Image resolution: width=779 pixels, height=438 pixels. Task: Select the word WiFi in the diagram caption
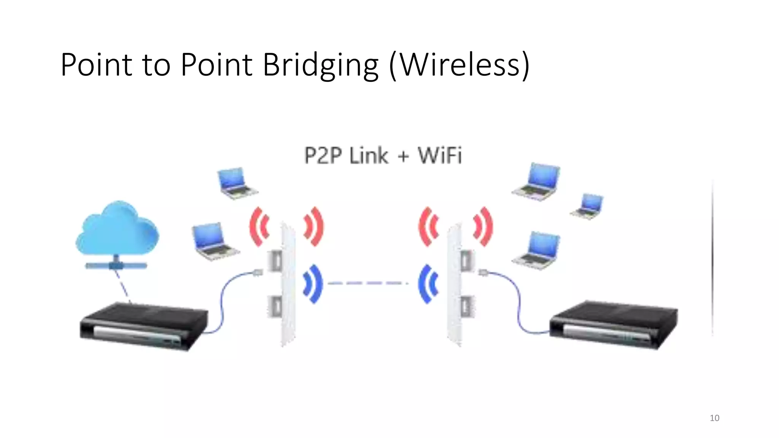click(x=440, y=156)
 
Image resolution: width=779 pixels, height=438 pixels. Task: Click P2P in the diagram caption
click(x=323, y=156)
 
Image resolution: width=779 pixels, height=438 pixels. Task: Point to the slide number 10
click(x=714, y=418)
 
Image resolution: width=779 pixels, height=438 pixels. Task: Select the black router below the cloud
click(x=144, y=326)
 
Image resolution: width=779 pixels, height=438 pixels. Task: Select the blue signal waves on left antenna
click(x=313, y=284)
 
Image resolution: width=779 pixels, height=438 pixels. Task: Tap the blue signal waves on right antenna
click(x=429, y=284)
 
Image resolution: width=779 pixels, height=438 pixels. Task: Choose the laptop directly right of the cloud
click(x=214, y=241)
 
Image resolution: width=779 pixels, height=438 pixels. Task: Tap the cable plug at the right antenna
click(x=483, y=272)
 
